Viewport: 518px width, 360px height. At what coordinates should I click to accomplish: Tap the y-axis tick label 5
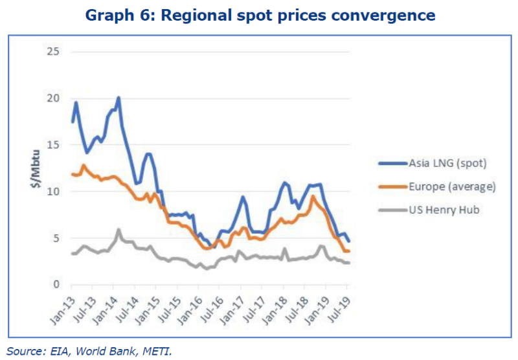pos(56,238)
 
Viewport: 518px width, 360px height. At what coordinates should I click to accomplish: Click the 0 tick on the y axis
pos(56,285)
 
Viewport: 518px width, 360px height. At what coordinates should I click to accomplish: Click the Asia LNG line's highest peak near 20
pos(118,98)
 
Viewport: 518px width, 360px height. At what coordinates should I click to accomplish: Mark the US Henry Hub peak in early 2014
pos(118,230)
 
